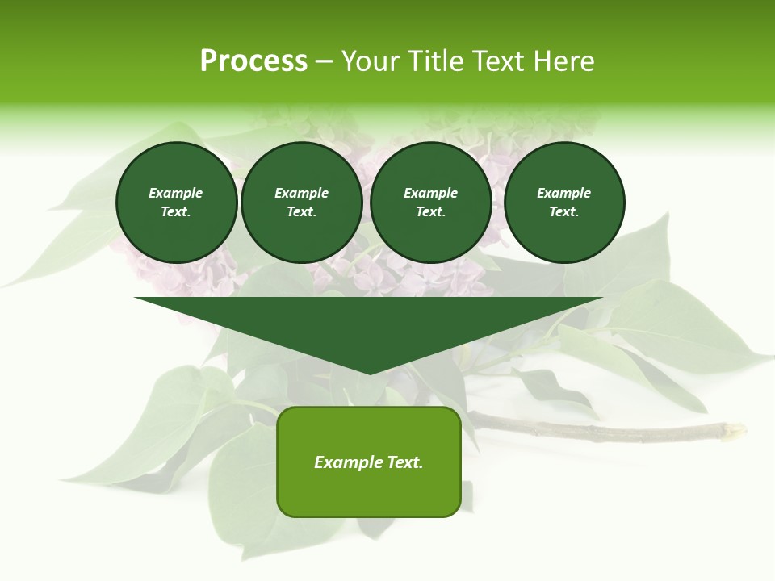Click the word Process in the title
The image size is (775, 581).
coord(253,61)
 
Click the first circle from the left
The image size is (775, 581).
coord(176,203)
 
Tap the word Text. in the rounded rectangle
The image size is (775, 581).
coord(404,462)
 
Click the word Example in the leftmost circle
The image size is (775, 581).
coord(176,193)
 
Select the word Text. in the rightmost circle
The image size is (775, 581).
coord(564,211)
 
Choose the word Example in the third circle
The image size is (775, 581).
coord(430,193)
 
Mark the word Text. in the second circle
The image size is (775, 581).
coord(301,211)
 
